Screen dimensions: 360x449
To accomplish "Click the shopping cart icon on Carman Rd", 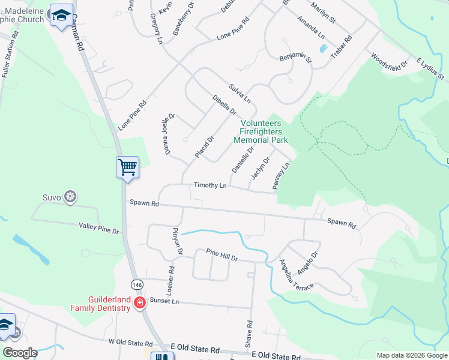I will (x=127, y=167).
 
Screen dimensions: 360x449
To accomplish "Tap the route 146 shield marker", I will (x=137, y=281).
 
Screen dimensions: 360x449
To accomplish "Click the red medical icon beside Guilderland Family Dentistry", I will (x=140, y=303).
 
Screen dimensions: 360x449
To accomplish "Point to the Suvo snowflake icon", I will (x=70, y=196).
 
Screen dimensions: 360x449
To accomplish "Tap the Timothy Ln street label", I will (x=210, y=186).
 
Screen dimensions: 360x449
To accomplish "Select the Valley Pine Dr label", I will (x=99, y=227).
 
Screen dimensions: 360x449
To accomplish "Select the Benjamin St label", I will (x=295, y=58).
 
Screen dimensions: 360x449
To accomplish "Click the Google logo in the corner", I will (x=20, y=352).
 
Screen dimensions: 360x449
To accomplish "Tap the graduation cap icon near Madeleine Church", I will (x=61, y=16).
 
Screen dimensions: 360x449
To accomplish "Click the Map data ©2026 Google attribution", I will (x=412, y=355).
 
